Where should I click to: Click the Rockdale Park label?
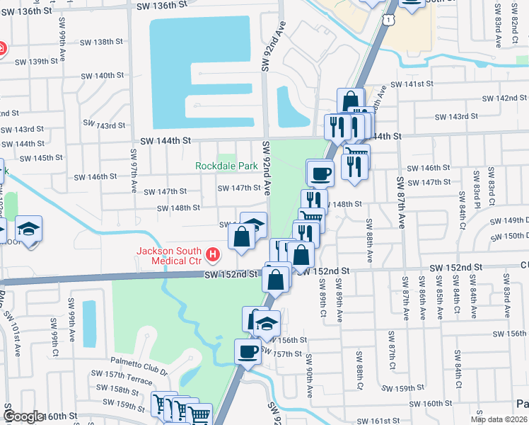227,166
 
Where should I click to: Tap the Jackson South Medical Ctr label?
170,256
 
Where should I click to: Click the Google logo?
23,416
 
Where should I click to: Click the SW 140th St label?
103,75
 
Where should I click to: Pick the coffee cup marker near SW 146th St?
320,172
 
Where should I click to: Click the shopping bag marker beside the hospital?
241,237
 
